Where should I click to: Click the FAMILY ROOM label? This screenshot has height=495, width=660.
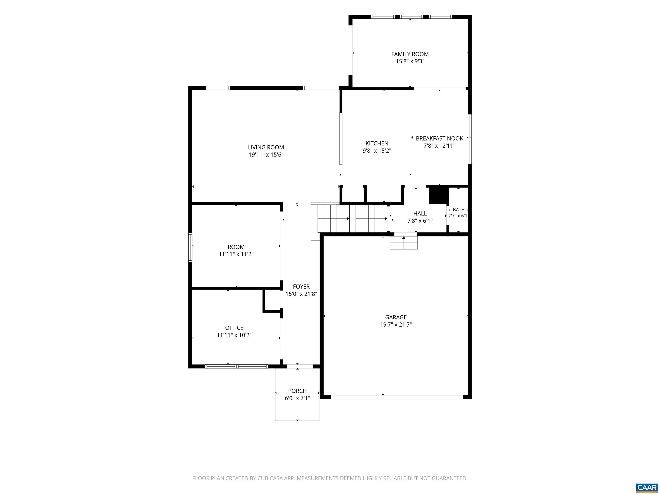click(x=410, y=54)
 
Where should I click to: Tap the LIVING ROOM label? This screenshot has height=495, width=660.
click(x=266, y=147)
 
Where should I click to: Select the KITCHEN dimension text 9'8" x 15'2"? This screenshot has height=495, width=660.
click(x=377, y=151)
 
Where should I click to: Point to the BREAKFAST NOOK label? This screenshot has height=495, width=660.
click(x=440, y=138)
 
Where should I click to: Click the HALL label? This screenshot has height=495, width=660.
click(x=420, y=213)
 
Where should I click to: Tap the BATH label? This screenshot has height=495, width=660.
click(x=459, y=210)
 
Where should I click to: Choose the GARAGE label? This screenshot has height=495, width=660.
click(x=396, y=317)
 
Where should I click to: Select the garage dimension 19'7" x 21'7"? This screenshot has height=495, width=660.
click(x=396, y=325)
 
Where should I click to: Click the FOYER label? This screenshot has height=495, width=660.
click(x=301, y=287)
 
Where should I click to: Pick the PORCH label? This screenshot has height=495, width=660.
click(x=298, y=391)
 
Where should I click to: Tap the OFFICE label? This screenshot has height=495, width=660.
click(x=234, y=328)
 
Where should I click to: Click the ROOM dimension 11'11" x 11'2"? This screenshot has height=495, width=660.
click(x=236, y=254)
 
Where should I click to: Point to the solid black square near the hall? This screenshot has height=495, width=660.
click(x=439, y=195)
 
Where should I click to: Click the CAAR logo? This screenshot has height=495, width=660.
click(x=647, y=487)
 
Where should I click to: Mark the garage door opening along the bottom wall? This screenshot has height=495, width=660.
click(x=397, y=397)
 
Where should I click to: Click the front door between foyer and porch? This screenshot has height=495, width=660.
click(x=300, y=366)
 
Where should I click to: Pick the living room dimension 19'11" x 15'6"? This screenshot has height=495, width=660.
click(x=266, y=154)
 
